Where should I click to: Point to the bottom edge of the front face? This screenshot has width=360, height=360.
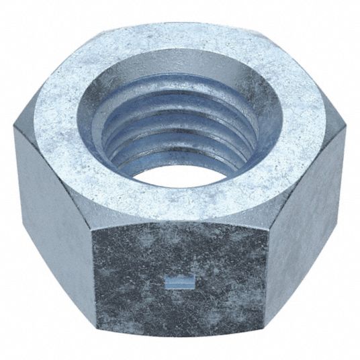[x=181, y=341]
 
